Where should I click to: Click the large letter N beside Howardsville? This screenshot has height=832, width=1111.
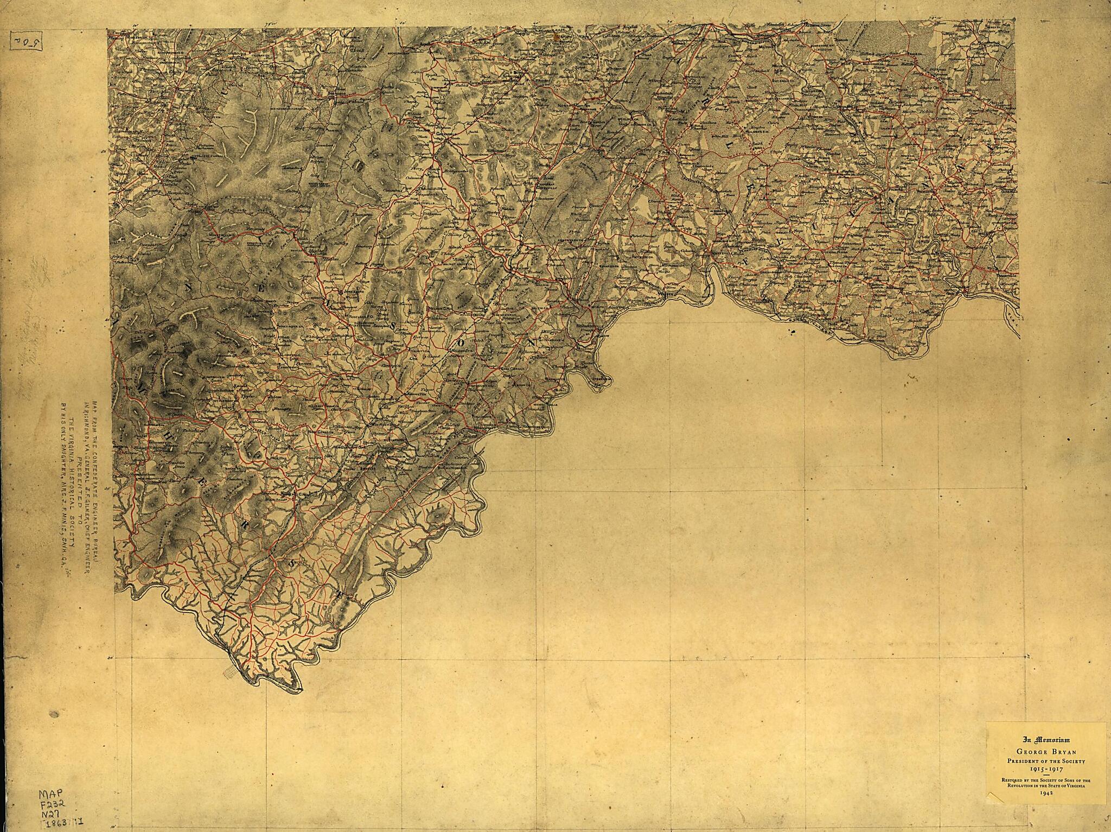coord(531,342)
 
